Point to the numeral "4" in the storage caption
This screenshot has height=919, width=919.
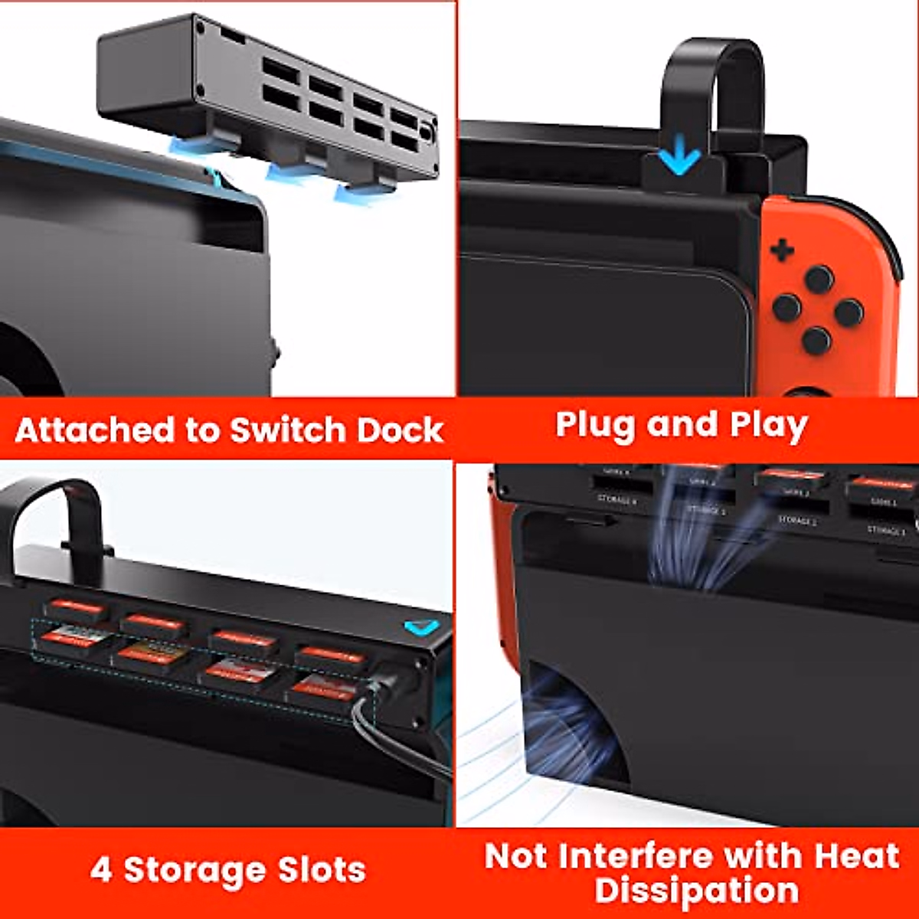[100, 871]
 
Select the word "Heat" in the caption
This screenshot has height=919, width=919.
[856, 855]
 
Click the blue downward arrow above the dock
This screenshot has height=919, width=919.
[679, 159]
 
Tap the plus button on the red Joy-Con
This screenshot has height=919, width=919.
[782, 250]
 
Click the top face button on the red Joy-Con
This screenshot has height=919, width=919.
[818, 280]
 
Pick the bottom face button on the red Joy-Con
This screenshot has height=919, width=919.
[816, 340]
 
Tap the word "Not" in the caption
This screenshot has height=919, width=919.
[515, 855]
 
